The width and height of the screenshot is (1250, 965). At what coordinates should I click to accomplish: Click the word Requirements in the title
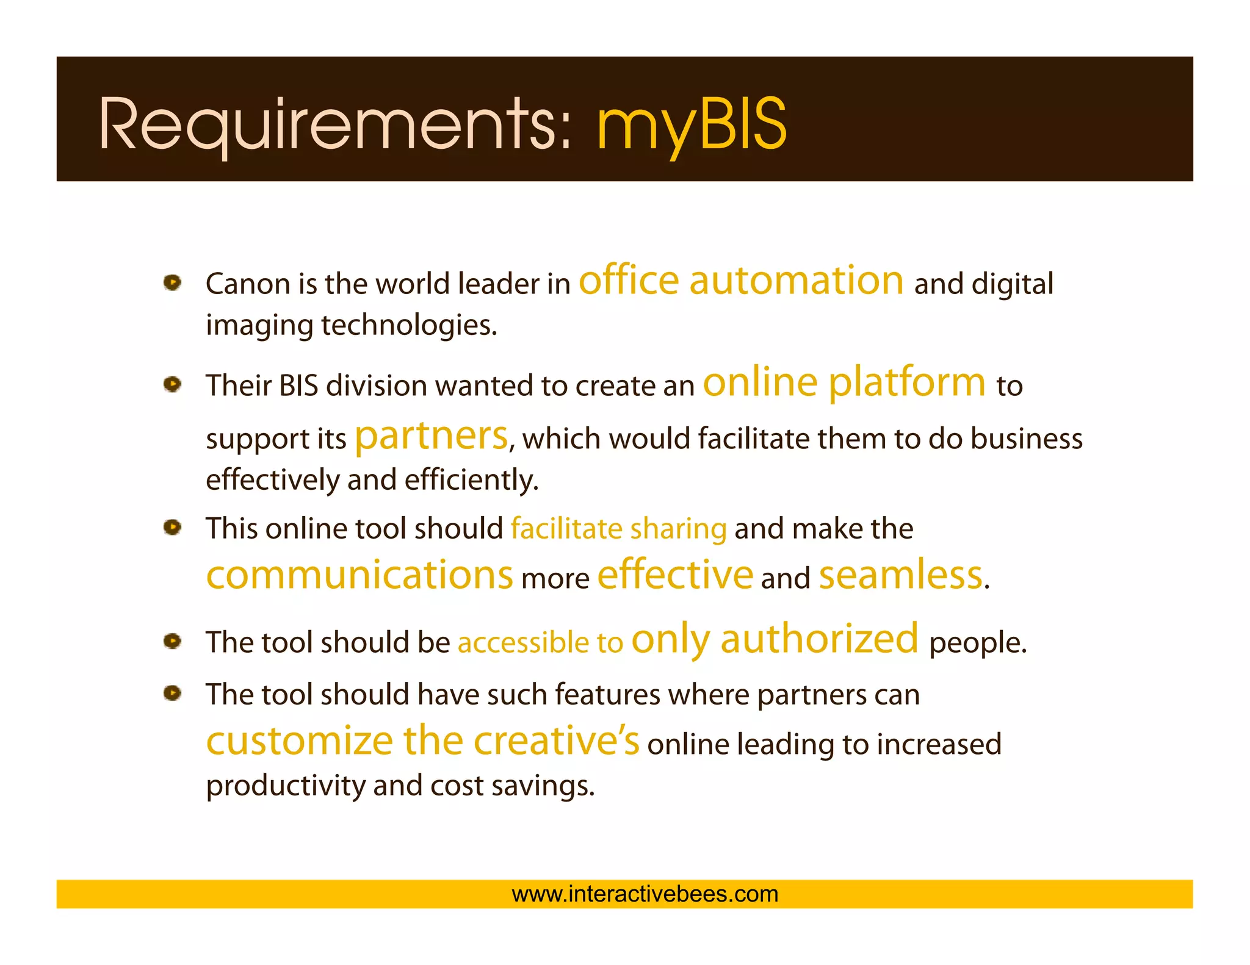click(x=334, y=125)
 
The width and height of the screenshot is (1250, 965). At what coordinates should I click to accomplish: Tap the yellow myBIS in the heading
click(x=692, y=125)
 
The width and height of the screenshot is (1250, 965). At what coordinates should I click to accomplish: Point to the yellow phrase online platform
click(x=844, y=383)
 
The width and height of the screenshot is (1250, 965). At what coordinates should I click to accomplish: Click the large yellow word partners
click(x=431, y=436)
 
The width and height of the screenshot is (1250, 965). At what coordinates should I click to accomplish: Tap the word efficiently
click(x=471, y=480)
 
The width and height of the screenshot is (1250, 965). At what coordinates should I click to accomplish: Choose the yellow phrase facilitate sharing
click(x=618, y=529)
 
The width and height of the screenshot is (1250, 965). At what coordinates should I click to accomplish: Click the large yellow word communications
click(x=359, y=575)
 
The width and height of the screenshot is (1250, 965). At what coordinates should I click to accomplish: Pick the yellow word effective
click(x=675, y=575)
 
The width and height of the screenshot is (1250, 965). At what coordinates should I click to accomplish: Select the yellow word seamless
click(x=900, y=575)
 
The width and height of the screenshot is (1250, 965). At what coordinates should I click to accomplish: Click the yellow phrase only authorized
click(x=775, y=639)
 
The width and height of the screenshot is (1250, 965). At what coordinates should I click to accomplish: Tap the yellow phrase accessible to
click(x=540, y=643)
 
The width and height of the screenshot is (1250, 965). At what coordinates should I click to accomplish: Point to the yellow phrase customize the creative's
click(x=422, y=741)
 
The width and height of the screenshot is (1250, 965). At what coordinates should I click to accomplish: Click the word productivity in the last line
click(x=285, y=786)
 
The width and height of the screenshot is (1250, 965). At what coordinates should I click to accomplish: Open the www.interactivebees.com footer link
click(x=645, y=894)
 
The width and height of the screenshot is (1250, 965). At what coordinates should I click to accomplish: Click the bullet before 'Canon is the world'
click(x=173, y=283)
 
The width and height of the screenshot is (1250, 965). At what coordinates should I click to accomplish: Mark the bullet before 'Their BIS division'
click(x=173, y=384)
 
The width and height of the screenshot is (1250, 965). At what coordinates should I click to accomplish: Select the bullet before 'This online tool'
click(x=173, y=527)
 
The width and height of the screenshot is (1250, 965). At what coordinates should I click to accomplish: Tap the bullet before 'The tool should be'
click(x=173, y=641)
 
